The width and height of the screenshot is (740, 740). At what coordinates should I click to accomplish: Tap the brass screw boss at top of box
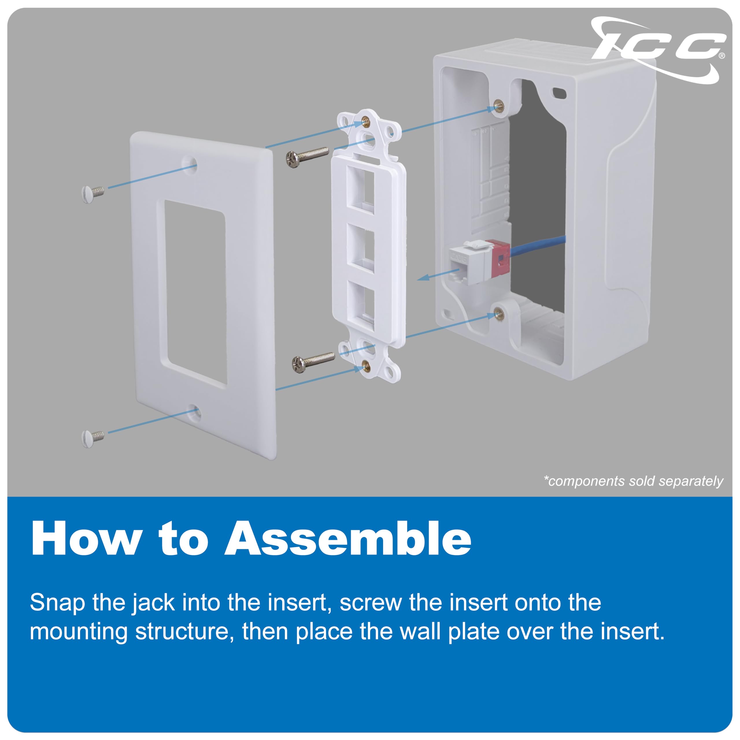[499, 105]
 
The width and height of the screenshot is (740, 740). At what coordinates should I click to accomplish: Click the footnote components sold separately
[633, 481]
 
